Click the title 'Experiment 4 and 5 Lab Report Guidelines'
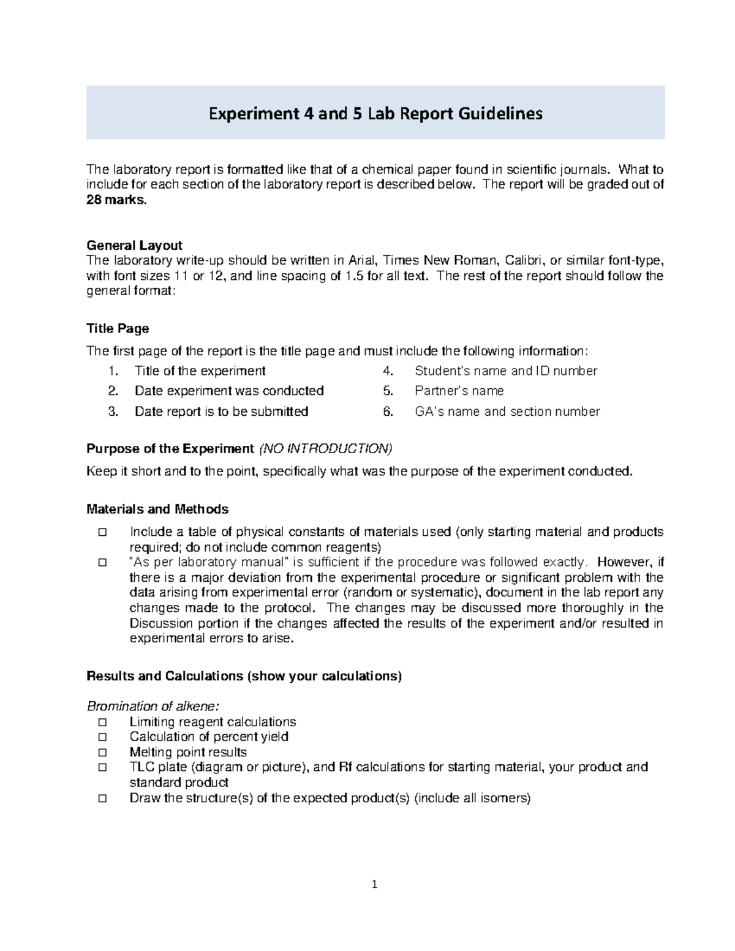click(375, 114)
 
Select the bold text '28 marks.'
click(116, 200)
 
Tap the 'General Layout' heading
click(134, 246)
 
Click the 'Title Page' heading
click(118, 329)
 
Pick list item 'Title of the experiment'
click(200, 371)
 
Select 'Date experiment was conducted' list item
click(229, 391)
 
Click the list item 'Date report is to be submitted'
click(221, 412)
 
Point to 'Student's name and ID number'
click(505, 371)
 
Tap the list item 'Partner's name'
click(459, 391)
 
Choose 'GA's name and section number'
click(507, 412)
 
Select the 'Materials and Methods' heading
click(157, 509)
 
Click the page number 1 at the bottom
click(375, 884)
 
